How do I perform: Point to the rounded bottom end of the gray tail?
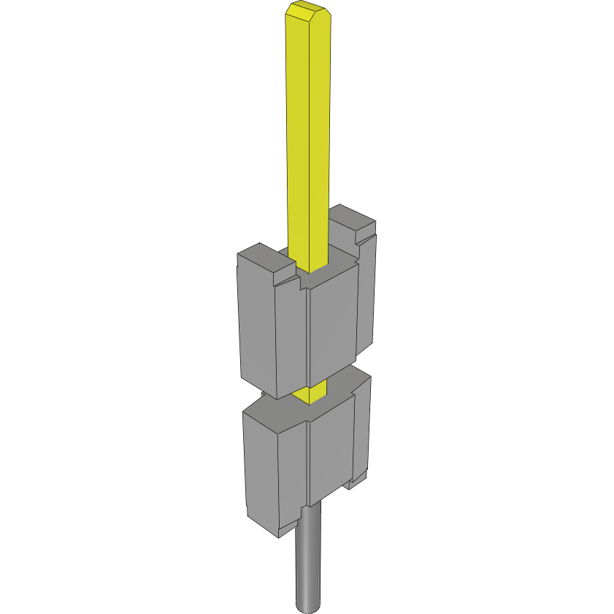(308, 605)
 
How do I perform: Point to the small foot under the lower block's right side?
(357, 481)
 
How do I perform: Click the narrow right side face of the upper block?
(367, 292)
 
